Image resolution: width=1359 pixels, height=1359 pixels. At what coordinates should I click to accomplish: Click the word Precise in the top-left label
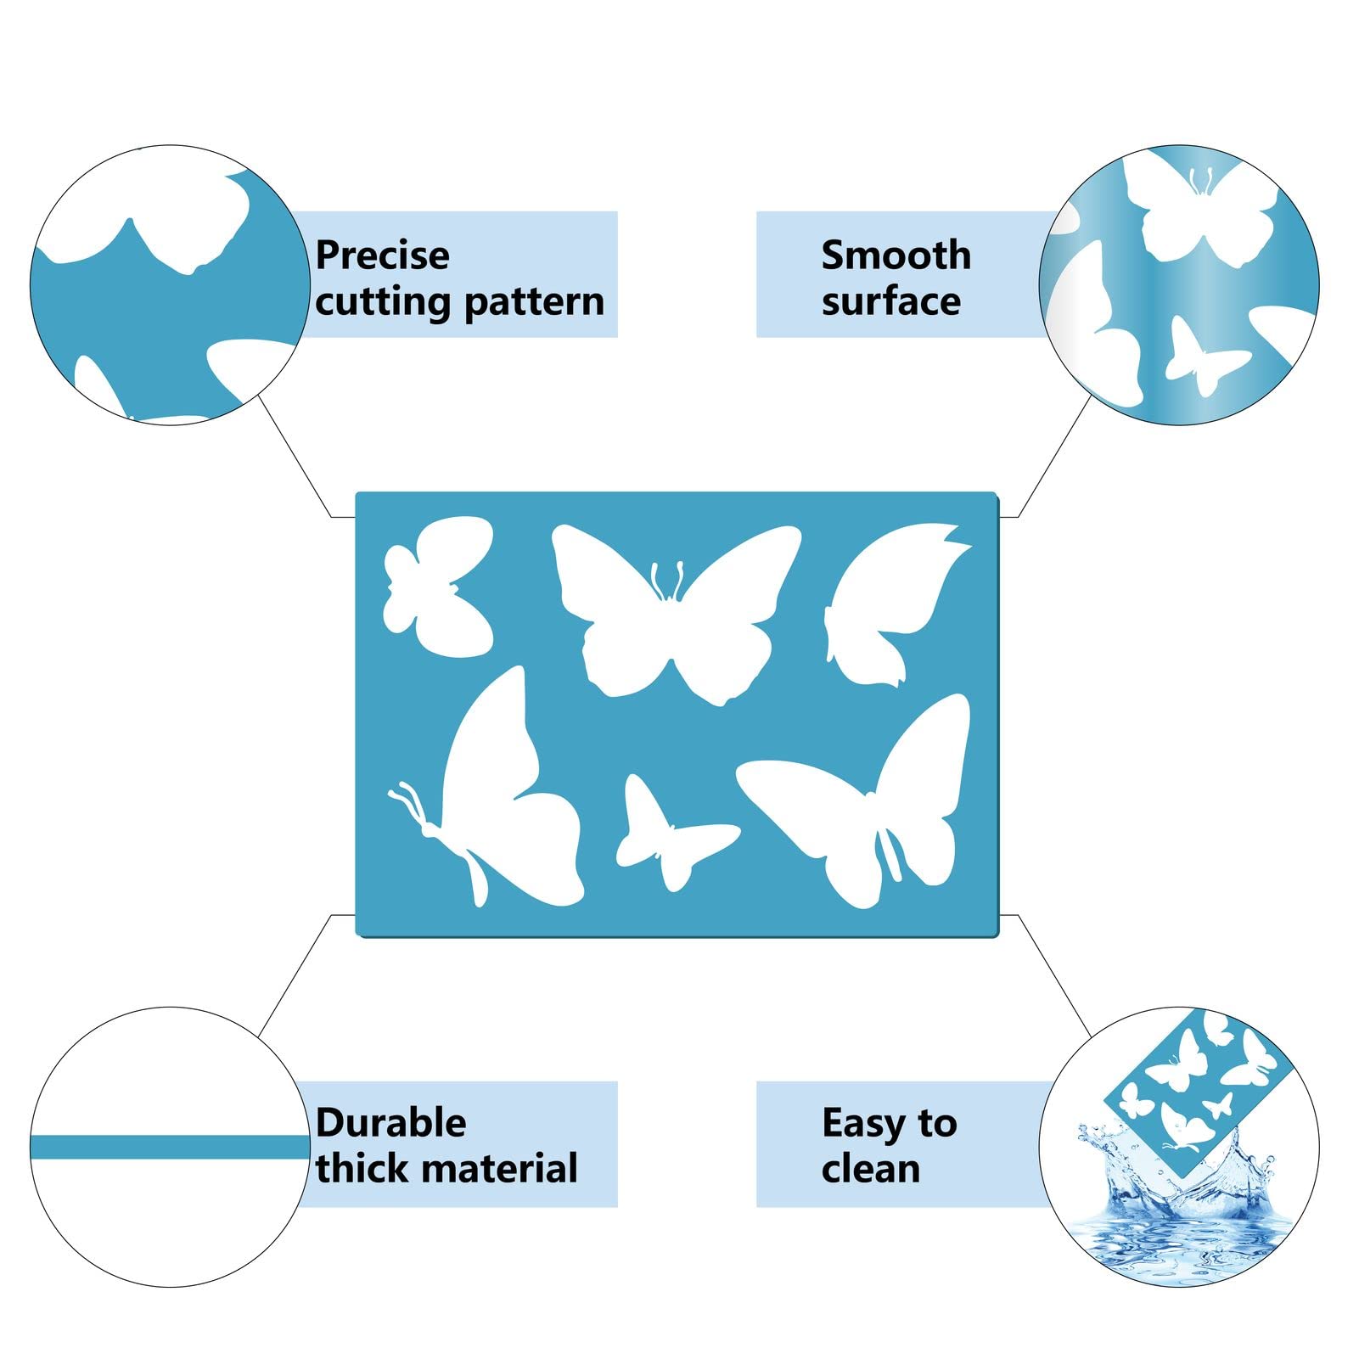pyautogui.click(x=382, y=255)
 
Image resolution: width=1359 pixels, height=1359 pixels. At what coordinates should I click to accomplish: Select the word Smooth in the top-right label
pyautogui.click(x=896, y=255)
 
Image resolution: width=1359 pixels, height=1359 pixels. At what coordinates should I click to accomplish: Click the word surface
pyautogui.click(x=891, y=301)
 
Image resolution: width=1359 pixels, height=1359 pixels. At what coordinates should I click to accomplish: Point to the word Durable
pyautogui.click(x=390, y=1122)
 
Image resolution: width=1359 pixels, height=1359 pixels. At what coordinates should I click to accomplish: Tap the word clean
pyautogui.click(x=871, y=1169)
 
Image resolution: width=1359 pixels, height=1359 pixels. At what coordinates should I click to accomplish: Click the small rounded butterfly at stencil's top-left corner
pyautogui.click(x=438, y=587)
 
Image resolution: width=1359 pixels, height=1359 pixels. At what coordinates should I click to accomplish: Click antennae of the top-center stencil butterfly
pyautogui.click(x=667, y=581)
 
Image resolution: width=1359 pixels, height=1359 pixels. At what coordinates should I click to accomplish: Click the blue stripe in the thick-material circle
pyautogui.click(x=170, y=1147)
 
